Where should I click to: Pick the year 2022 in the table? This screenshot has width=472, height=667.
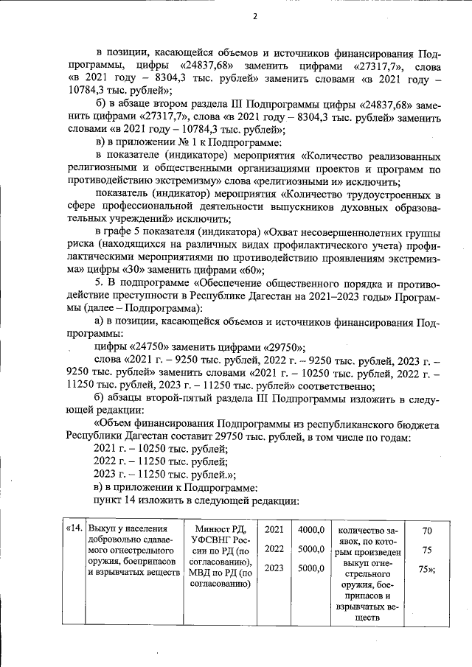(274, 549)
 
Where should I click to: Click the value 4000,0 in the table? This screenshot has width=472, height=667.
(311, 529)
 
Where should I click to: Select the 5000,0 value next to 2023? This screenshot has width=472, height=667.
(311, 568)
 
